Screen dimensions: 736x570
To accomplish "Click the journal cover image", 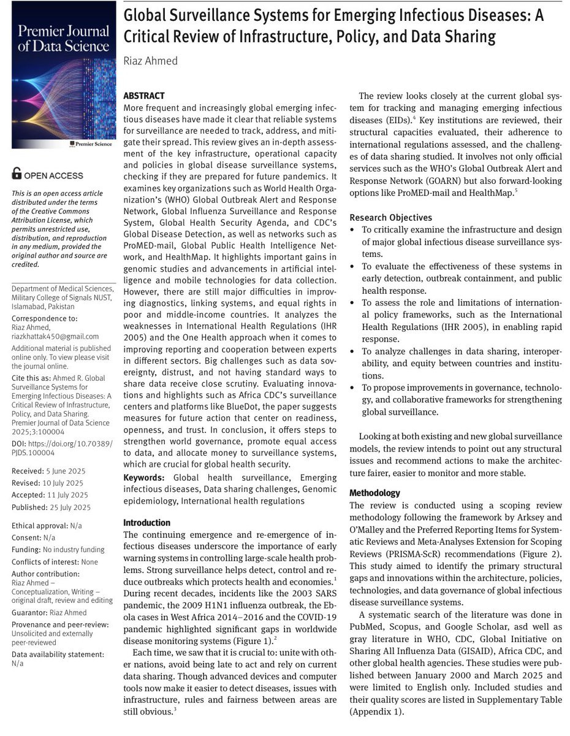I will (59, 75).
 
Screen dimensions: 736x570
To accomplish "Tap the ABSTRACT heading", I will (144, 96).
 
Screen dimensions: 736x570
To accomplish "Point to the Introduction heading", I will (147, 523).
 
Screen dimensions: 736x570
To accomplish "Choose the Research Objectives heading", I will (390, 217).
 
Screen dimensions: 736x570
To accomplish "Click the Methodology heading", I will (374, 493).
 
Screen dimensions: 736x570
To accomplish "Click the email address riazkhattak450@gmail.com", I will (55, 337).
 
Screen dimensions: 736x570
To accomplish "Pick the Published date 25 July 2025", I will (70, 507).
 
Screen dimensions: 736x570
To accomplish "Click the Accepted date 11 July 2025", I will (69, 495).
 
